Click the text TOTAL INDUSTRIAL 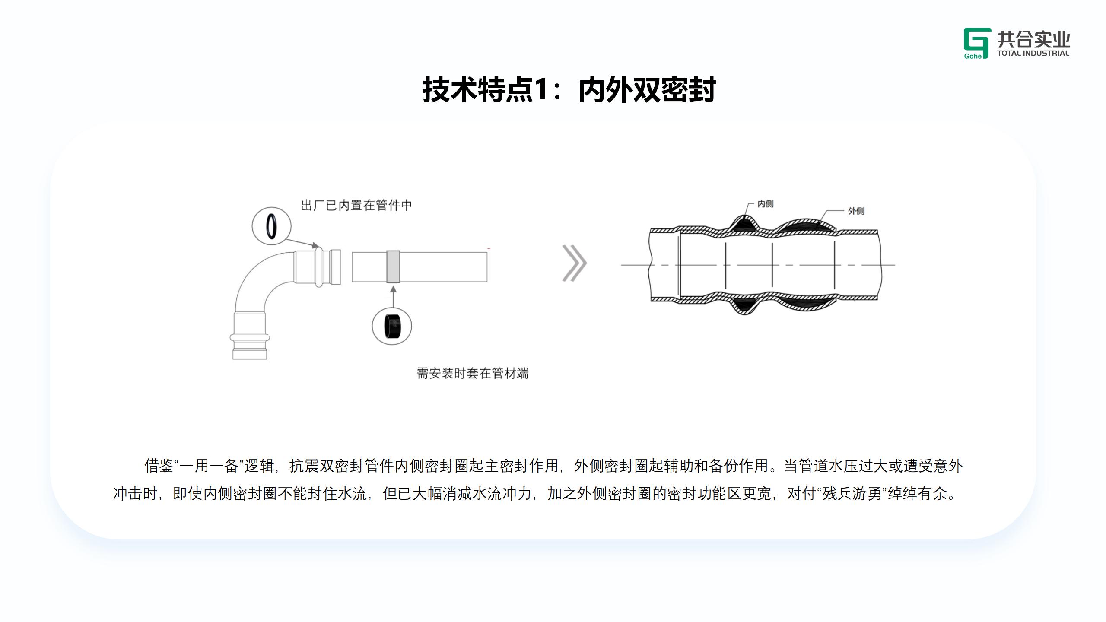[x=1033, y=54]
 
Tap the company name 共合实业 [x=1033, y=39]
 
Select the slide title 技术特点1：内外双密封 [x=569, y=90]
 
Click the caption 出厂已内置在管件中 [x=356, y=205]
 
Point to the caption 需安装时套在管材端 [x=472, y=373]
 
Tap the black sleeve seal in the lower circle [x=392, y=326]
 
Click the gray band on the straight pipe [x=393, y=267]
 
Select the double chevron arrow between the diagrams [x=574, y=263]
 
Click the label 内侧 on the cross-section [x=765, y=204]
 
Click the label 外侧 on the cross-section [x=856, y=211]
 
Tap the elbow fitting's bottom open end [x=250, y=354]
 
